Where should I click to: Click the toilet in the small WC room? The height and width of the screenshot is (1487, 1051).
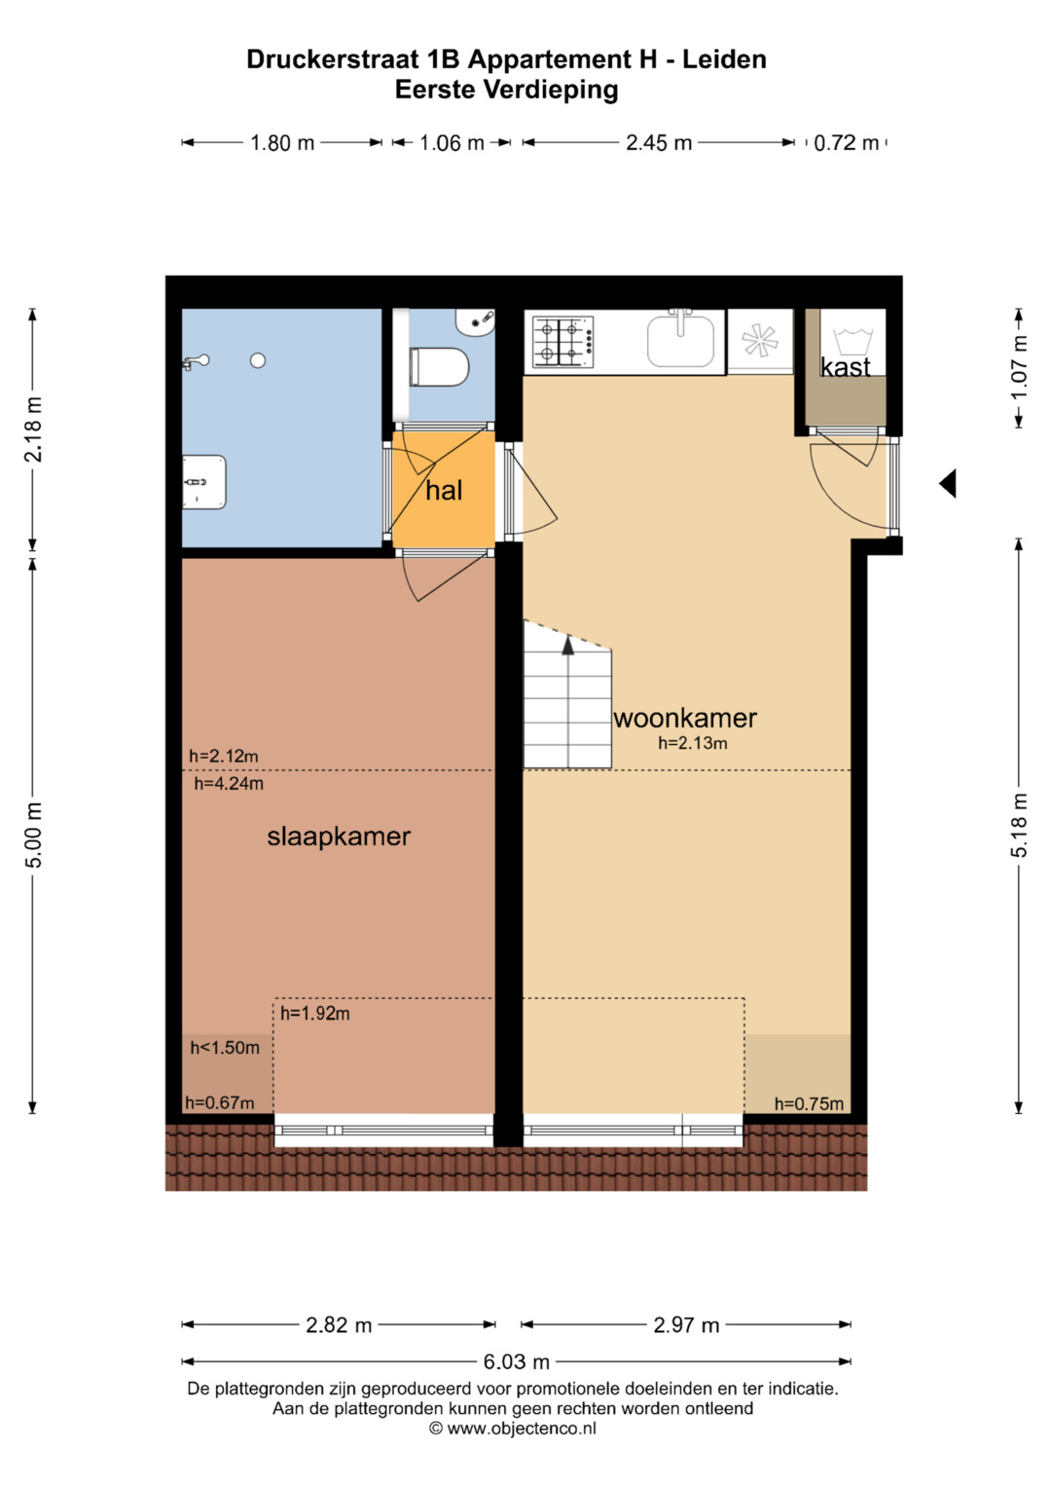click(439, 367)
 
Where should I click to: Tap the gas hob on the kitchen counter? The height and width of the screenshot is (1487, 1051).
click(563, 342)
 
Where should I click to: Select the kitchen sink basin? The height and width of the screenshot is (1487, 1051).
click(681, 341)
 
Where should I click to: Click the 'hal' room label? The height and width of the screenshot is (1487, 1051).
click(444, 491)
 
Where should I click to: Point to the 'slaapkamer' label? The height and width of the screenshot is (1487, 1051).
click(339, 836)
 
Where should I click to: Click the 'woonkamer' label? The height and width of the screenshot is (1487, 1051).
click(685, 719)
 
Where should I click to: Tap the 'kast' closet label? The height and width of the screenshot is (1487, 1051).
click(846, 366)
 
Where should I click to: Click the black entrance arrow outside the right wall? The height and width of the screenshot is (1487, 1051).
click(948, 483)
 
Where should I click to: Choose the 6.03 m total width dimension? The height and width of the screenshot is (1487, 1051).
click(516, 1362)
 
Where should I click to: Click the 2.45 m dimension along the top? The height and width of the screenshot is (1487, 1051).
click(659, 143)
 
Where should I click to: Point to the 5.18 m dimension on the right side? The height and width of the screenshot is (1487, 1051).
click(1019, 825)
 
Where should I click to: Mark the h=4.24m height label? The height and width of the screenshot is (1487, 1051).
click(229, 783)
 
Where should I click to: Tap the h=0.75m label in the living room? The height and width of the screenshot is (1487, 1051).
click(809, 1104)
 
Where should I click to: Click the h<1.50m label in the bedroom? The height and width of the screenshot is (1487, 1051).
click(225, 1048)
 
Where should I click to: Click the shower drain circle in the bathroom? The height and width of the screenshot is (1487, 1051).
click(258, 360)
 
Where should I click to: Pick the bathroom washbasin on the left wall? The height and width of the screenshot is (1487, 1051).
click(204, 482)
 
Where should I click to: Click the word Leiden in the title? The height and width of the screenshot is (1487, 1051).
click(725, 59)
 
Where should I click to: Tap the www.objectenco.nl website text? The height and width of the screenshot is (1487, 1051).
click(522, 1429)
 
